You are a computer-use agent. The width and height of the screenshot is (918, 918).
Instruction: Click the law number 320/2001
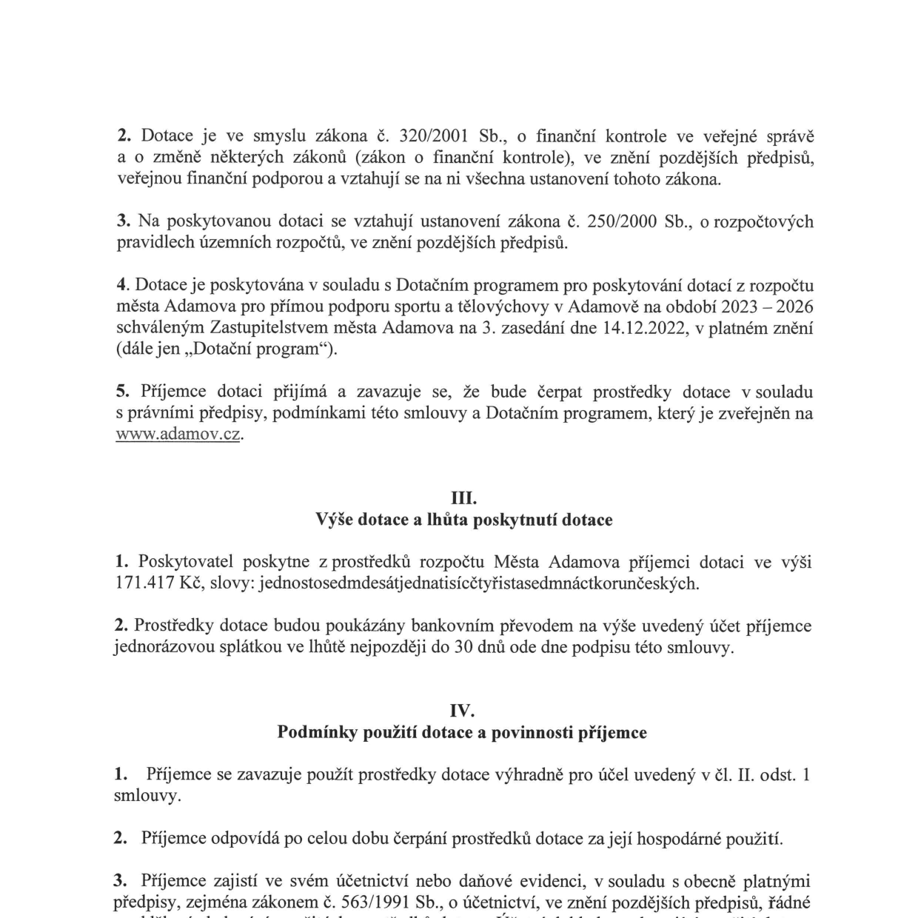[x=433, y=136]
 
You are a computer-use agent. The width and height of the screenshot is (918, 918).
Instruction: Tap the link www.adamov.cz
[x=178, y=435]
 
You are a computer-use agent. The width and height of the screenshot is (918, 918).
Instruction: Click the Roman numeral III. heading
[x=464, y=498]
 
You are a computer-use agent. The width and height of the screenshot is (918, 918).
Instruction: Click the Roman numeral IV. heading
[x=462, y=711]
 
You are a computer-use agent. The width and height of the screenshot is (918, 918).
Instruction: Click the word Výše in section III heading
[x=334, y=520]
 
